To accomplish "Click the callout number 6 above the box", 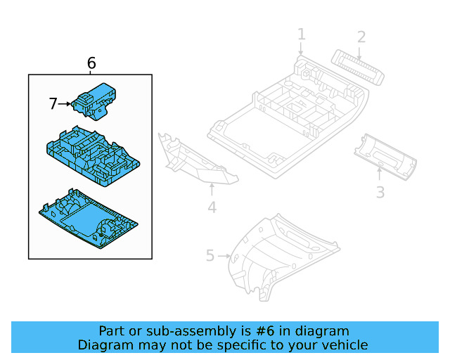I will click(91, 63).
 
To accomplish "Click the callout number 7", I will click(53, 104).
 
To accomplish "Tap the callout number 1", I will click(301, 34).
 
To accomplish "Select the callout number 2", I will click(361, 37).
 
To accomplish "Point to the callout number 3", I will click(380, 191).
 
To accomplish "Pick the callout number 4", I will click(212, 207).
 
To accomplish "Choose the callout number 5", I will click(210, 255).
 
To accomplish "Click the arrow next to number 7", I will click(65, 104).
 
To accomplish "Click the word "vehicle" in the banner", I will click(345, 345).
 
